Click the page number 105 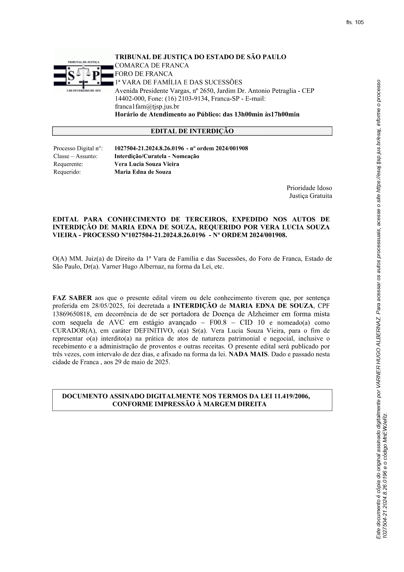coord(359,22)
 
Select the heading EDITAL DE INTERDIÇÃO coord(192,131)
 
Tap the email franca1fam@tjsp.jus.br coord(147,107)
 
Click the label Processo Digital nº coord(78,149)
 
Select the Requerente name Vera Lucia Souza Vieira coord(147,164)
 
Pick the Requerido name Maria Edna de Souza coord(143,172)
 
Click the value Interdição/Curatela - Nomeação coord(157,156)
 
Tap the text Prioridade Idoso coord(309,188)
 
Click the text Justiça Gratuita coord(310,196)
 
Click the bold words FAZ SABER coord(72,298)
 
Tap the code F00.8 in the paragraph coord(216,323)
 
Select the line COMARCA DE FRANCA coord(151,66)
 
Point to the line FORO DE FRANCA coord(144,74)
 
